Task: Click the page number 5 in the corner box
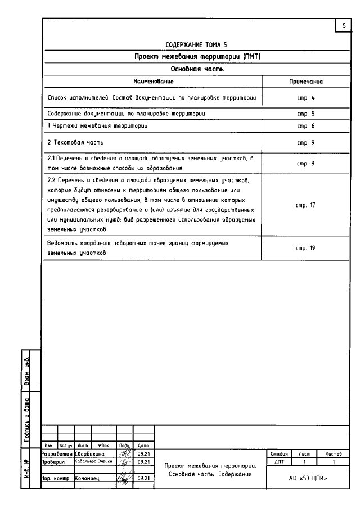click(x=343, y=25)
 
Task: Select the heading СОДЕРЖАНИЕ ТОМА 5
click(x=196, y=44)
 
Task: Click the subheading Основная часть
click(x=196, y=69)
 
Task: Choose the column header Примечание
click(x=305, y=82)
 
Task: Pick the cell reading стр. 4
click(x=305, y=98)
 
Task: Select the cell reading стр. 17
click(x=305, y=205)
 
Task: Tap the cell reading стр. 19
click(x=305, y=248)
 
